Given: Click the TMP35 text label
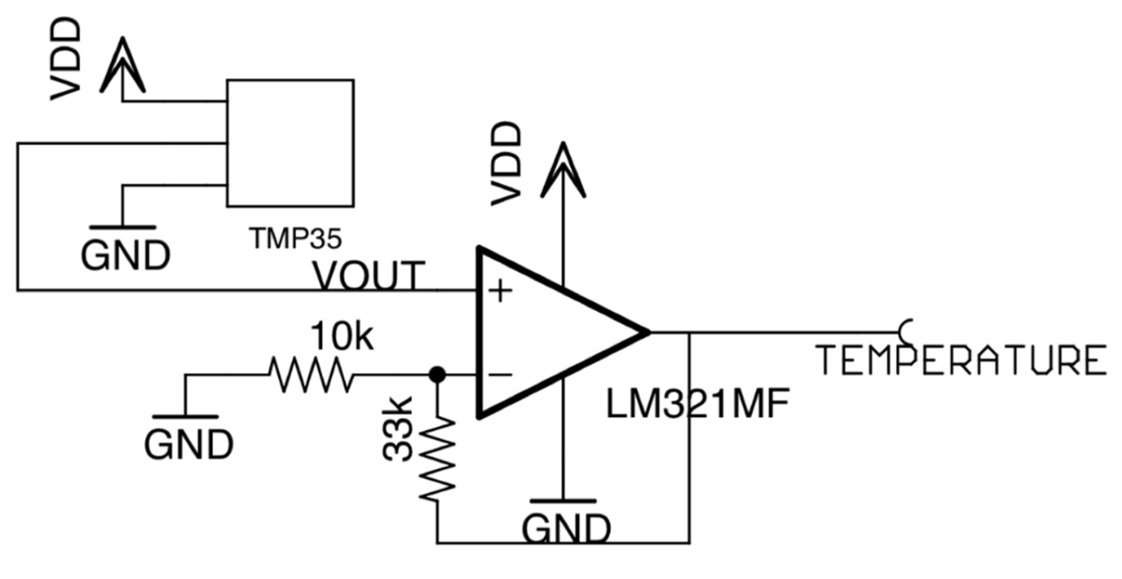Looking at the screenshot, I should click(x=295, y=239).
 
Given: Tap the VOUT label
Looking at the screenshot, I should click(x=369, y=275).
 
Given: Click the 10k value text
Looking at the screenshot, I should click(x=342, y=336).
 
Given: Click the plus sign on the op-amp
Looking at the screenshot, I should click(x=499, y=291).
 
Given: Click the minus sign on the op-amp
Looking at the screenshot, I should click(x=499, y=374).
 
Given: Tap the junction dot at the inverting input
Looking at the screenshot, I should click(x=437, y=374).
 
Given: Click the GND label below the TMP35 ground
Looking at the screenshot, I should click(x=125, y=255).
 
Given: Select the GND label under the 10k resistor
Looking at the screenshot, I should click(x=189, y=445).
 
